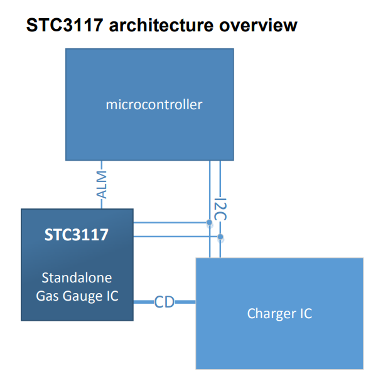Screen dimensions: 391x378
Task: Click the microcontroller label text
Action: click(x=154, y=104)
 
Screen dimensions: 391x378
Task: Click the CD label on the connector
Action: click(x=165, y=303)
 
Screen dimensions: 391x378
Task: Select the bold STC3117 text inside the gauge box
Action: click(x=77, y=235)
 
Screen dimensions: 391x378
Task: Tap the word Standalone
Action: click(x=77, y=277)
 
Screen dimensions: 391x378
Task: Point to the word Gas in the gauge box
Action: click(x=48, y=295)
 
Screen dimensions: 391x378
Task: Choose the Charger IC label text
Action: click(x=279, y=313)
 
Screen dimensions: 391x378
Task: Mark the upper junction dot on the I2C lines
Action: click(x=209, y=223)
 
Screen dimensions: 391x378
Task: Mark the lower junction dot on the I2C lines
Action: click(x=220, y=237)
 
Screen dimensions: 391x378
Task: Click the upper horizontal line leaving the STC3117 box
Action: click(x=170, y=222)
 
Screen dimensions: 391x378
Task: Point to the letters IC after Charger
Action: click(x=305, y=313)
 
